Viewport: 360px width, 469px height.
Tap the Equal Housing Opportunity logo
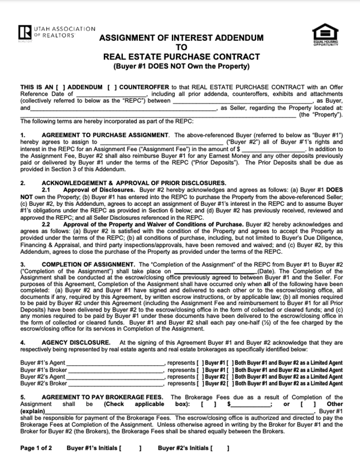pyautogui.click(x=325, y=36)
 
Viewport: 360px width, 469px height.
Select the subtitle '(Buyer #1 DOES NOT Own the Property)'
pyautogui.click(x=182, y=66)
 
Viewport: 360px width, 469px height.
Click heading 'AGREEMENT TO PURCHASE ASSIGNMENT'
pyautogui.click(x=103, y=135)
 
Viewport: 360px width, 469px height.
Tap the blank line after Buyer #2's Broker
pyautogui.click(x=116, y=383)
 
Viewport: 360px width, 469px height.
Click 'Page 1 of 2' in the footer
pyautogui.click(x=36, y=448)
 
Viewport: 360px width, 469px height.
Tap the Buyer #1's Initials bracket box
pyautogui.click(x=132, y=448)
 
